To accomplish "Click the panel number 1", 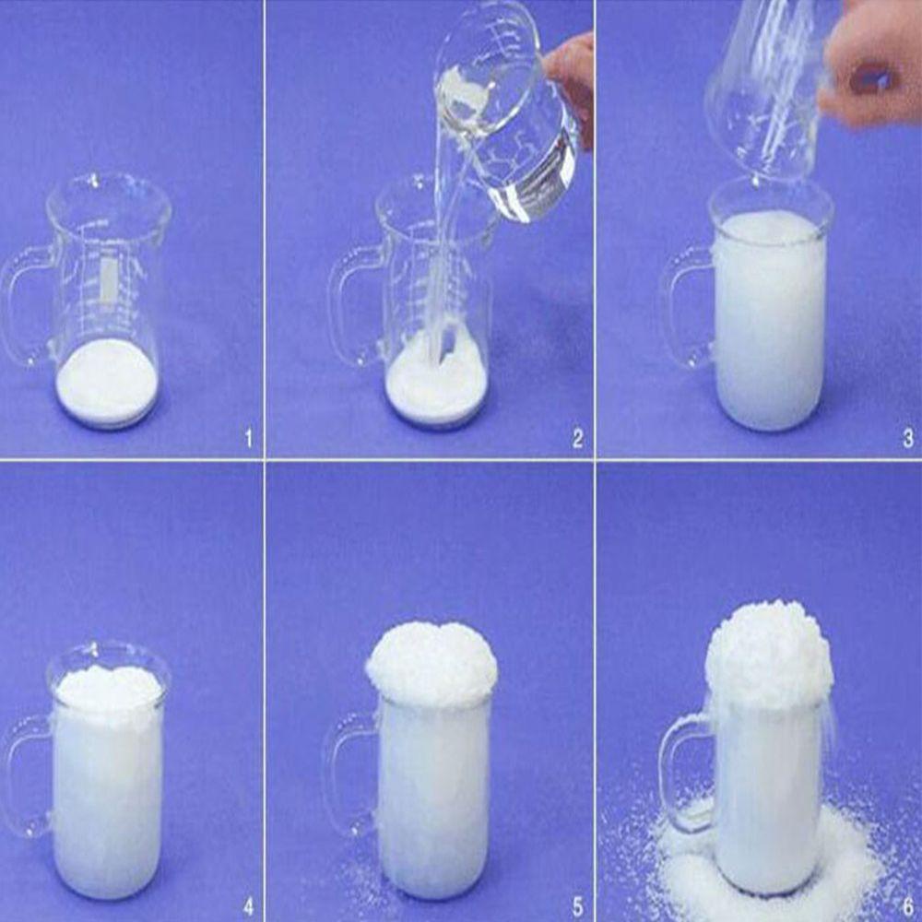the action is click(248, 439).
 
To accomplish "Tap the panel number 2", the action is click(577, 439).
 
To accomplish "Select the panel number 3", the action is click(908, 439).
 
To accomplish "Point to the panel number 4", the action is click(248, 906).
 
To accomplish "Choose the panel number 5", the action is click(577, 906).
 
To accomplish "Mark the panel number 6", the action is click(908, 906).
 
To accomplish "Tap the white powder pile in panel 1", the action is click(107, 383).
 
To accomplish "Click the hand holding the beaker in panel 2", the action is click(571, 82).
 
